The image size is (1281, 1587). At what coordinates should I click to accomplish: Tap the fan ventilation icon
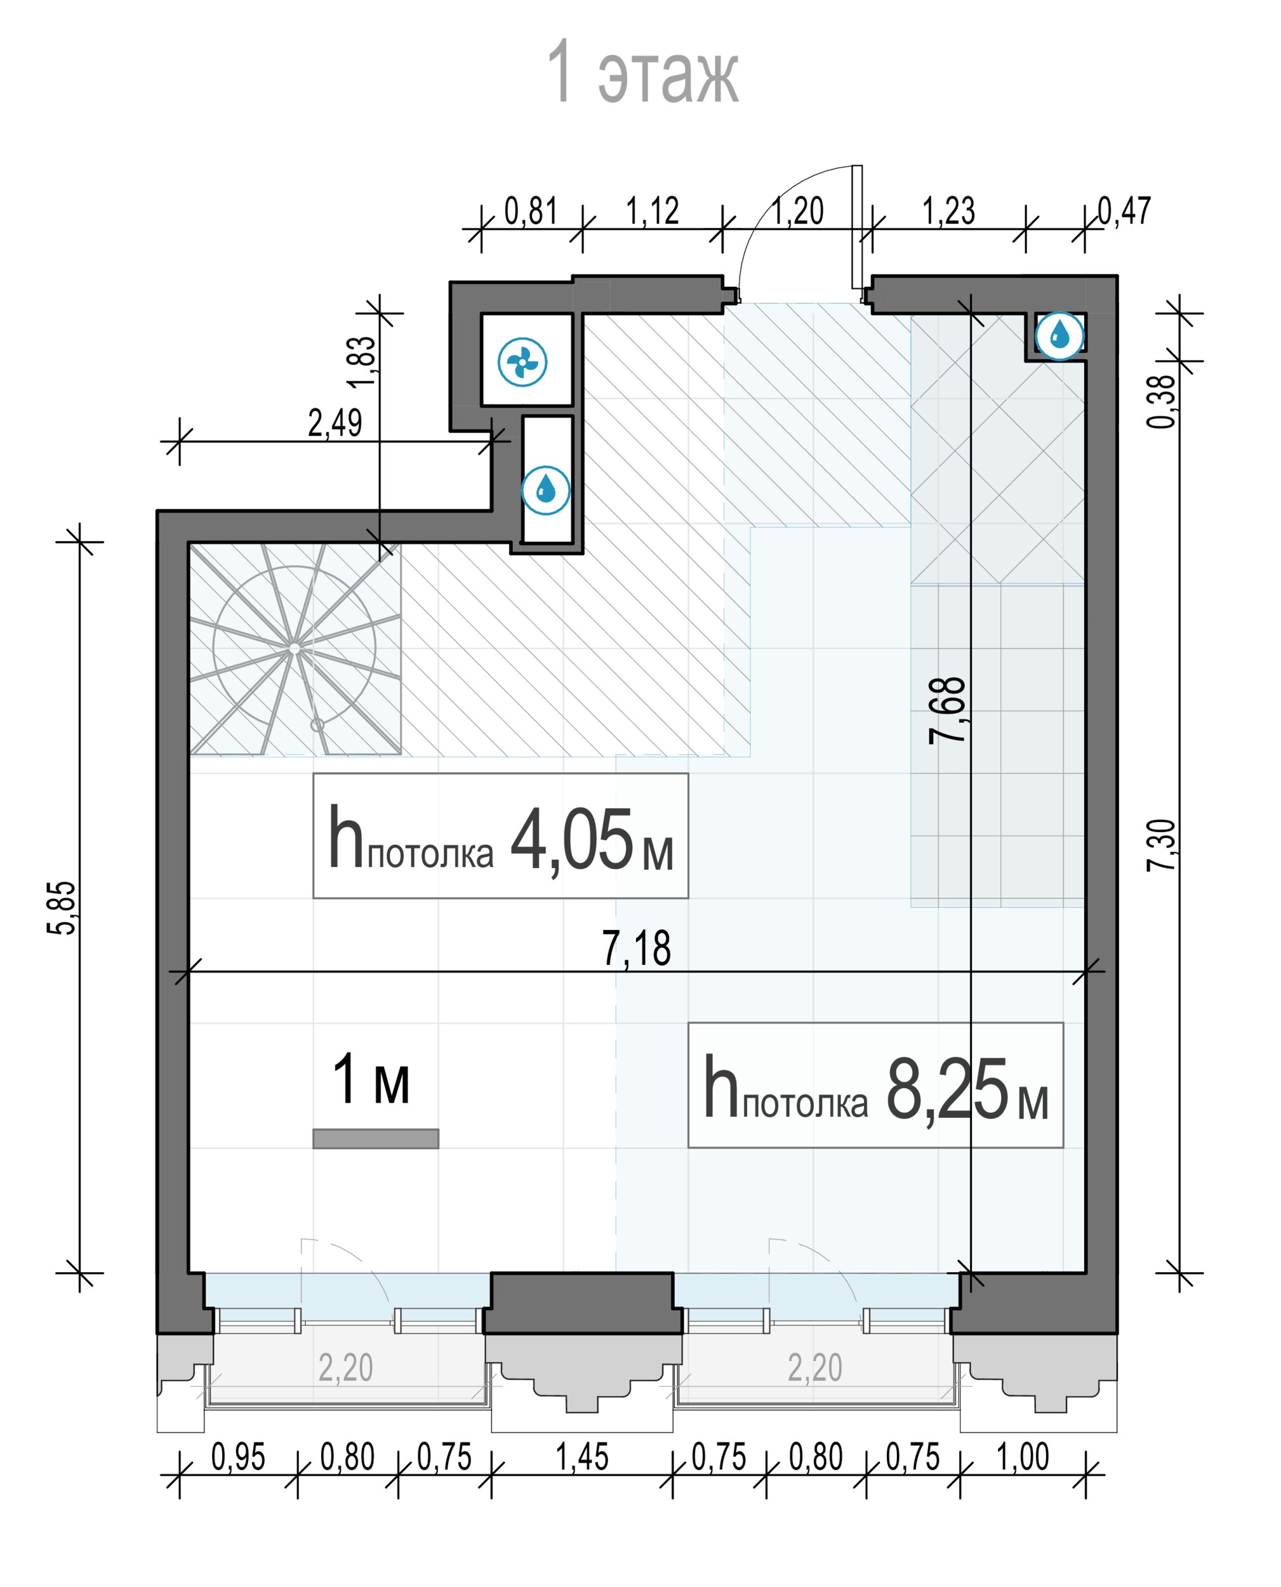[x=522, y=362]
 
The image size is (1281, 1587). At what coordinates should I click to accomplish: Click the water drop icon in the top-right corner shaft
[x=1059, y=335]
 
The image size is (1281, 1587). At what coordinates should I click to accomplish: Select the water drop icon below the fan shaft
[x=546, y=490]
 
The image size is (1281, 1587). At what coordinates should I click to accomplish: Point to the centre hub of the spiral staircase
[x=295, y=647]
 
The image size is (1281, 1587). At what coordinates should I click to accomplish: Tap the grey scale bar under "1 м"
[x=376, y=1138]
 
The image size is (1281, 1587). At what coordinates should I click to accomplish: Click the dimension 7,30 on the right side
[x=1161, y=845]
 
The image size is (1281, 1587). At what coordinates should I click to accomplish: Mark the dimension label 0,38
[x=1162, y=401]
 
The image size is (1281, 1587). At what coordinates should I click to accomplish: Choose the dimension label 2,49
[x=335, y=423]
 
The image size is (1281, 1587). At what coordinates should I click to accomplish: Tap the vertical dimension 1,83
[x=363, y=362]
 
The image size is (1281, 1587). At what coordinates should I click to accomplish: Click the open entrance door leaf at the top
[x=856, y=227]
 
